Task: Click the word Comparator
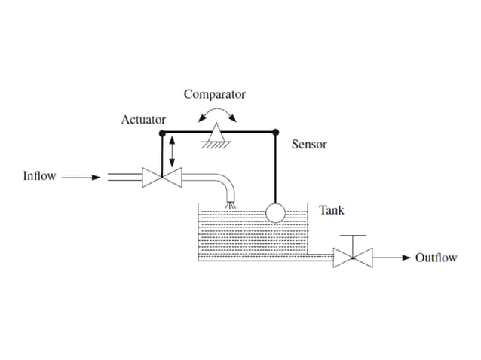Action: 215,95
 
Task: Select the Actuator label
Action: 143,120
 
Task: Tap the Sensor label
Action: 309,144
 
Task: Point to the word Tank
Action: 332,210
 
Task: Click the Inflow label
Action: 39,177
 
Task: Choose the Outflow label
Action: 436,258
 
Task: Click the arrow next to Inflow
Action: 81,178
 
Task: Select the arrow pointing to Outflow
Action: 391,258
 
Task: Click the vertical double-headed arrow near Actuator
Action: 173,151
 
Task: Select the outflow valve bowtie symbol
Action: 352,258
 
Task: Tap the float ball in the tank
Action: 275,212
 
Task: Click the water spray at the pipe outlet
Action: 231,203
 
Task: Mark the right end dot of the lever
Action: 275,132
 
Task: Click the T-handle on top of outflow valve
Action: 352,236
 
